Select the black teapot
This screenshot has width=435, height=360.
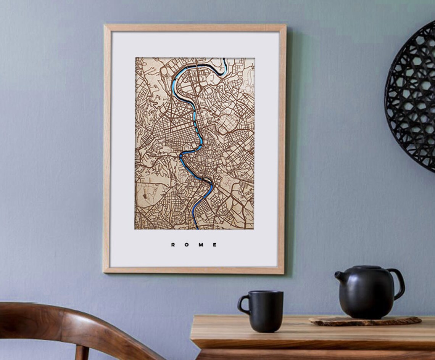tap(366, 292)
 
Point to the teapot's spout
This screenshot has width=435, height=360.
tap(339, 277)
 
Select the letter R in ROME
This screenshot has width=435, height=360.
tap(173, 245)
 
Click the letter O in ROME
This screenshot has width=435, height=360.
tap(187, 245)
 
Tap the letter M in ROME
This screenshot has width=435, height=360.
tap(201, 245)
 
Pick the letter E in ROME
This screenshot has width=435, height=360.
tap(215, 245)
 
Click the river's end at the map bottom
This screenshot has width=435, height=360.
tap(197, 227)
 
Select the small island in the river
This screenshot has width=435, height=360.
tap(206, 179)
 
